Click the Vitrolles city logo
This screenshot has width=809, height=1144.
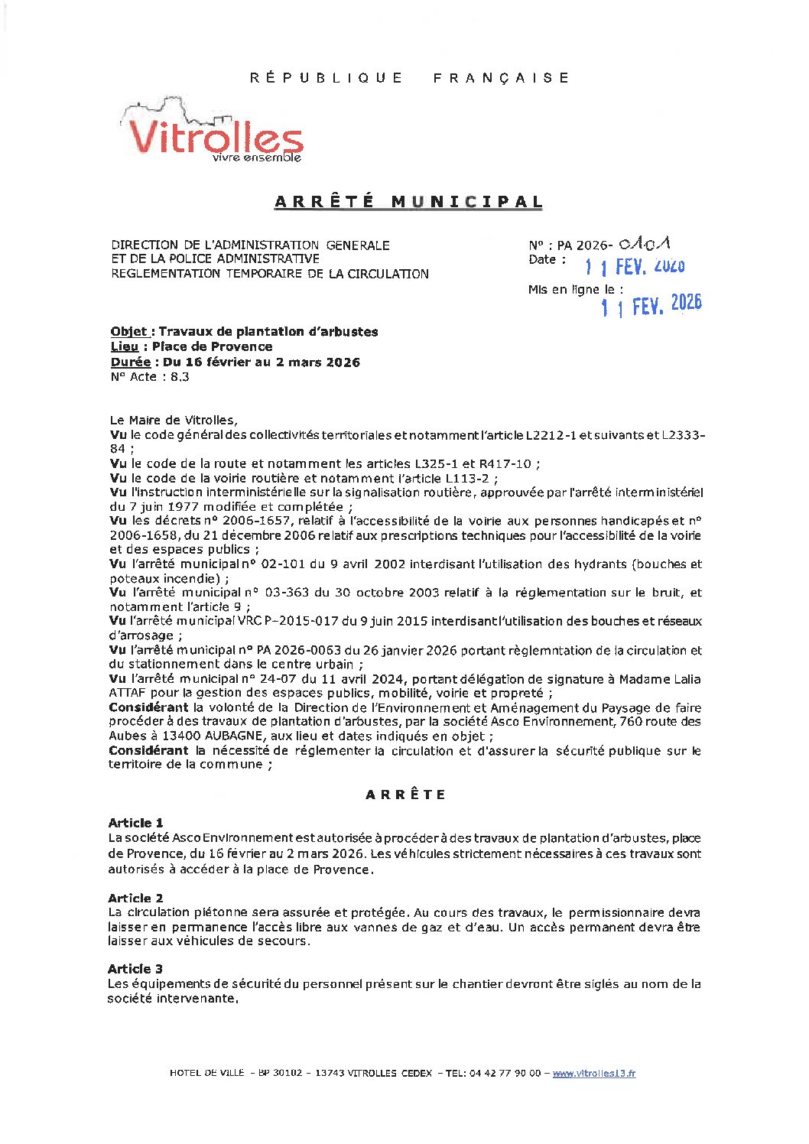point(213,132)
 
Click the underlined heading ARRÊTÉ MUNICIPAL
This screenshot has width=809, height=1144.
point(408,202)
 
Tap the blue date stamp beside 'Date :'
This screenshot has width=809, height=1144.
point(635,266)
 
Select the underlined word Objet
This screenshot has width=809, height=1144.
point(128,332)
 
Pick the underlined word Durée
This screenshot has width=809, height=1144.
point(130,362)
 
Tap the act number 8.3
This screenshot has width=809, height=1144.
point(180,377)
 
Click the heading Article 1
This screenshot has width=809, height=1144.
point(135,823)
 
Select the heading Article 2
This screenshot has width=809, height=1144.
point(135,898)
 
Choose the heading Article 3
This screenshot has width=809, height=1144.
point(135,969)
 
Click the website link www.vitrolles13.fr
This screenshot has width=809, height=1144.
point(593,1074)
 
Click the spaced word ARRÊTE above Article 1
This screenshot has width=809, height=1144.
point(405,795)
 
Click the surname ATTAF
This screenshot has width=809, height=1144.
point(127,694)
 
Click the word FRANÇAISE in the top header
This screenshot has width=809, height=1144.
point(501,78)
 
